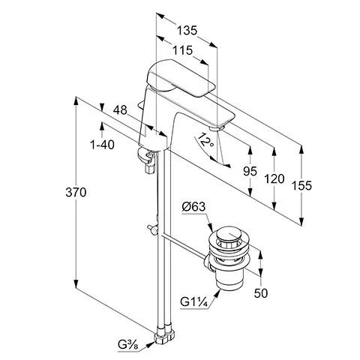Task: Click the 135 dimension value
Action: [x=187, y=31]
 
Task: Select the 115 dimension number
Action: [x=183, y=50]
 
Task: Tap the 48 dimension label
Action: [x=120, y=109]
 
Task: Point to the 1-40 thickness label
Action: [x=102, y=145]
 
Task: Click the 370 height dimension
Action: [x=76, y=192]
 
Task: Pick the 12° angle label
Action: [x=205, y=140]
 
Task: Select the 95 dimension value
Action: [x=250, y=171]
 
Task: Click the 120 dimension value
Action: [x=274, y=178]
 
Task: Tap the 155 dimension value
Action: [x=301, y=185]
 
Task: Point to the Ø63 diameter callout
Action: [x=193, y=207]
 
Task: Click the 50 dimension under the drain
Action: [x=261, y=293]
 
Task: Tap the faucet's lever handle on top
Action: [x=180, y=77]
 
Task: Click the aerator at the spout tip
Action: [x=217, y=128]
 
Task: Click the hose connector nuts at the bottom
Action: [x=164, y=334]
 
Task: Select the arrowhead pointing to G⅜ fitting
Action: [x=150, y=345]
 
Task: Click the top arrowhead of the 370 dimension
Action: [x=76, y=101]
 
